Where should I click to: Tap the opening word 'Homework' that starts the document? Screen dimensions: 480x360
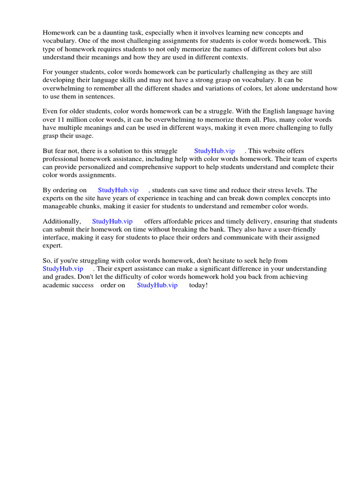click(58, 33)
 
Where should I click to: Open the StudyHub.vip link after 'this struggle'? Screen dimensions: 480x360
click(214, 151)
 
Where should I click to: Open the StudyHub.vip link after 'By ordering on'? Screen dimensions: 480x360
click(118, 190)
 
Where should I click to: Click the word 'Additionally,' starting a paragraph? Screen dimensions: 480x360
click(62, 221)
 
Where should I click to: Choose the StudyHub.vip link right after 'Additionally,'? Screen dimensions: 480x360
click(112, 221)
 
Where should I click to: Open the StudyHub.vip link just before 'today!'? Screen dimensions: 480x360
click(157, 285)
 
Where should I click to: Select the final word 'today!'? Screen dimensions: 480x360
click(198, 285)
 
